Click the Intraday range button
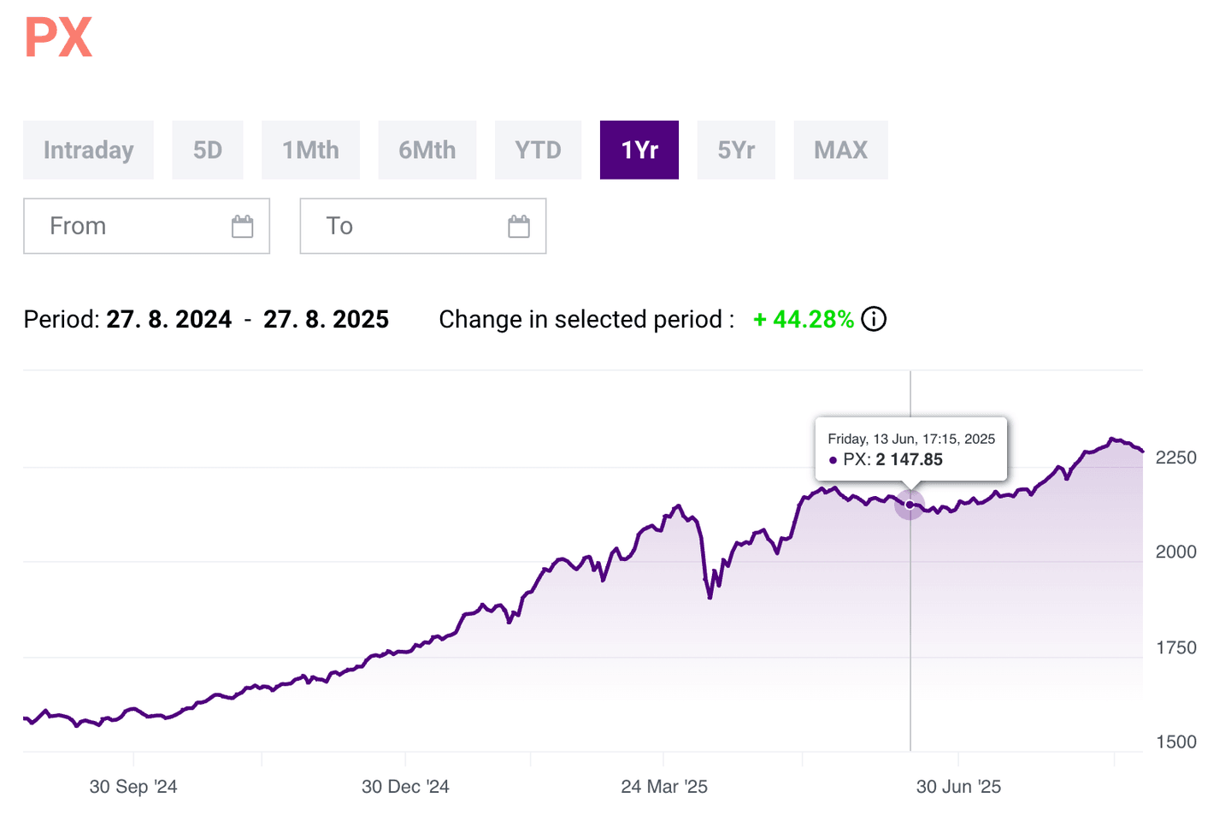pos(88,150)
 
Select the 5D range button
pos(208,150)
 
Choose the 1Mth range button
pos(310,150)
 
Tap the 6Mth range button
pos(427,150)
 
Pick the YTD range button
pos(538,150)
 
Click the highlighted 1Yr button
pos(639,150)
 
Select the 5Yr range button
pos(736,150)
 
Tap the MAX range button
pos(840,150)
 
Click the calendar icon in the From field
pos(243,226)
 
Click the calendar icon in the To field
pos(519,226)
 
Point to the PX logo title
pos(58,38)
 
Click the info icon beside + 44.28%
pos(874,319)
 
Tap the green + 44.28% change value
pos(804,319)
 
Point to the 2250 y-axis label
pos(1175,458)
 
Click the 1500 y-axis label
pos(1175,741)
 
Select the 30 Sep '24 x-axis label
pos(133,787)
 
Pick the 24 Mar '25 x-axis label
pos(664,787)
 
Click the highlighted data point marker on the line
pos(910,505)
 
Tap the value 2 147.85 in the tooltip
pos(909,459)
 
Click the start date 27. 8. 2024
pos(169,319)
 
